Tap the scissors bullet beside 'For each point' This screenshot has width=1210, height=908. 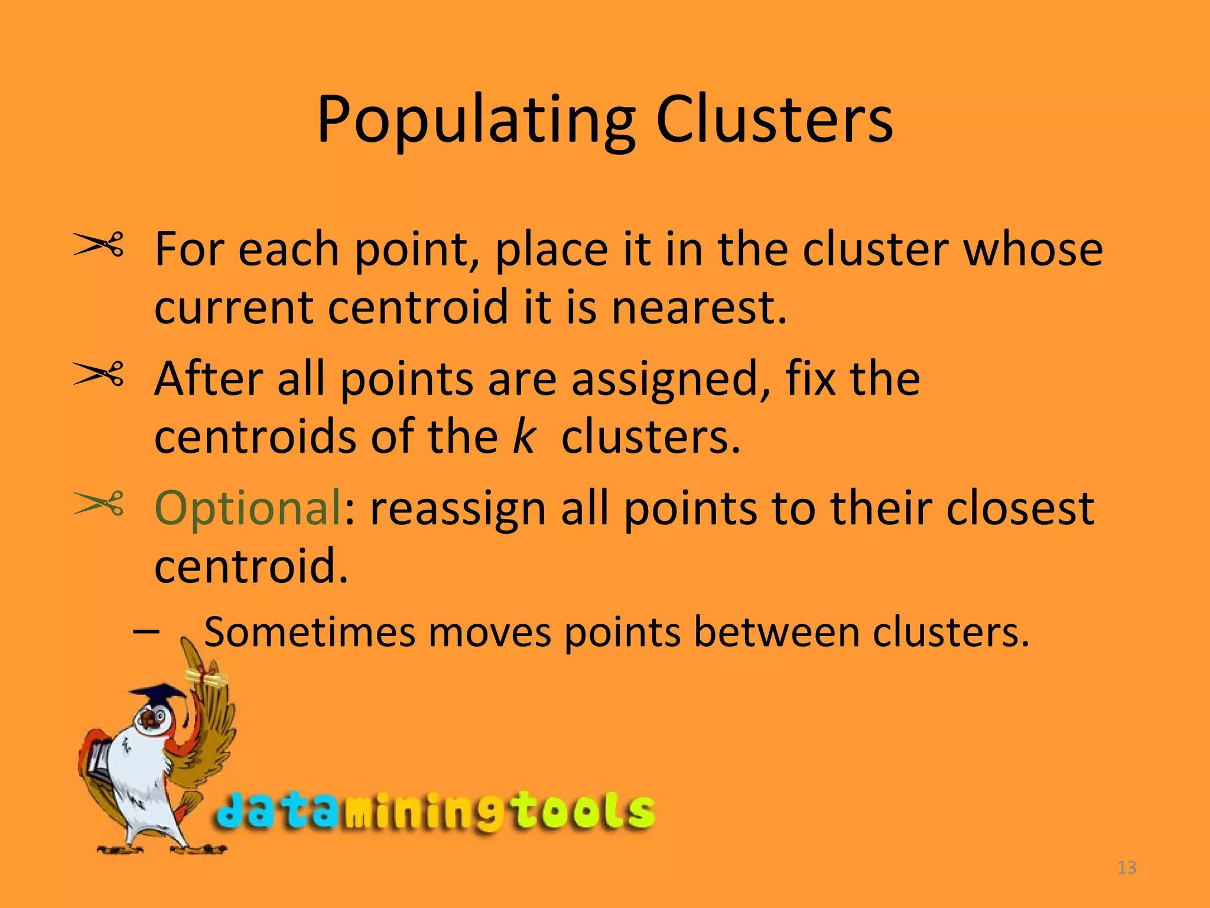click(98, 245)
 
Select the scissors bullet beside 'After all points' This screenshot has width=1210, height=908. click(98, 374)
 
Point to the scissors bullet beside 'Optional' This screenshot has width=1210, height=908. click(98, 504)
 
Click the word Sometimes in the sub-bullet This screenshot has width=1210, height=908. click(310, 633)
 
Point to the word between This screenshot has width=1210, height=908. click(777, 633)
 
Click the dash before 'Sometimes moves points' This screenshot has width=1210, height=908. click(146, 632)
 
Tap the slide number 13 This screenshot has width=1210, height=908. click(1127, 868)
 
